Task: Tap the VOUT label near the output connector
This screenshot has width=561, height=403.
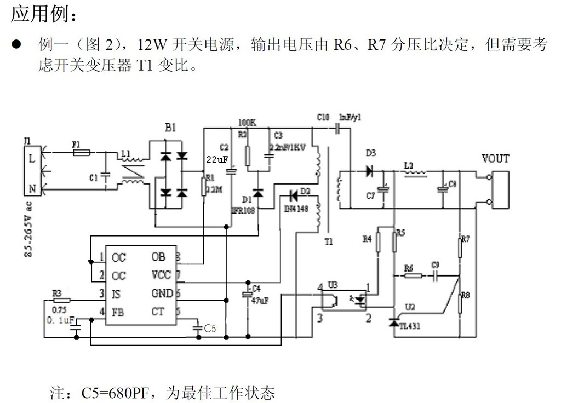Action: coord(495,159)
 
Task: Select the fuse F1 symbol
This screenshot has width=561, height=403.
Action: coord(82,153)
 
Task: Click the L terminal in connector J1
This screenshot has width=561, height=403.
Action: coord(32,159)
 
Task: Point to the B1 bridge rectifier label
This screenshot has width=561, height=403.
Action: coord(170,128)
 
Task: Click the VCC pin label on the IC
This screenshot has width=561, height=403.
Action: coord(161,275)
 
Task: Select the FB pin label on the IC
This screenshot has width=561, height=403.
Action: coord(118,313)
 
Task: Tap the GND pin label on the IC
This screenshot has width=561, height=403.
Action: coord(162,294)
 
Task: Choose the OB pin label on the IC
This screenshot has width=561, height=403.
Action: coord(158,257)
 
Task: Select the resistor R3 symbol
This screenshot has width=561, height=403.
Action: coord(62,300)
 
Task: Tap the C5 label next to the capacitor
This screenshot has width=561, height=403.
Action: coord(210,329)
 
